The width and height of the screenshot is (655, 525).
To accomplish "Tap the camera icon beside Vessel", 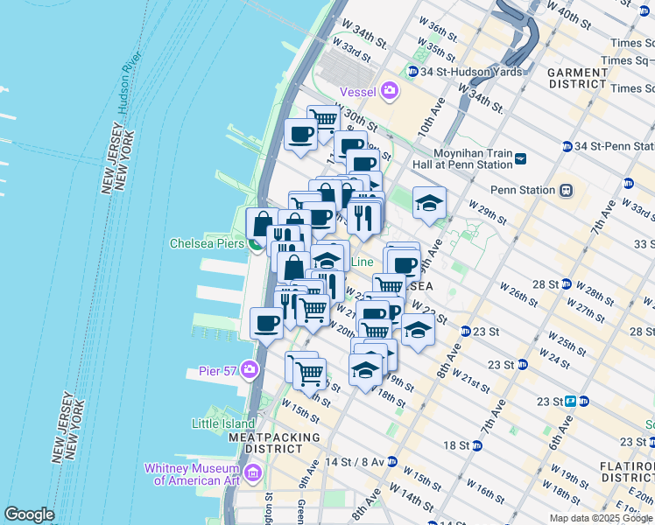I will [x=389, y=90].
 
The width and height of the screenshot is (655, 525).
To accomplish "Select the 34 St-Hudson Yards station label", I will [x=461, y=71].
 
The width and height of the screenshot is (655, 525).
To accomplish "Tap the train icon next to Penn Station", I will [x=566, y=190].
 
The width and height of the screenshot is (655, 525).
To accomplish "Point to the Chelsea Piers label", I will [x=206, y=242].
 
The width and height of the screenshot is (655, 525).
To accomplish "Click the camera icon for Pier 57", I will [x=250, y=370].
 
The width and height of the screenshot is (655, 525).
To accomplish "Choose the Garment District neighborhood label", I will [x=578, y=78].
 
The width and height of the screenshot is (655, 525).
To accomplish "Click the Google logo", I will [x=29, y=514].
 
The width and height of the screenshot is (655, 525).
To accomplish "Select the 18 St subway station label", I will [x=456, y=445].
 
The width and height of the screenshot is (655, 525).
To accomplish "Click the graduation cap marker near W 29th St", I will [x=428, y=203].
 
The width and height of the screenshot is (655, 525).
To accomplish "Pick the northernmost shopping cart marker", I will [x=323, y=118].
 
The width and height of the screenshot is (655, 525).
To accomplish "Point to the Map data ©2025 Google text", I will [x=600, y=518].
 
